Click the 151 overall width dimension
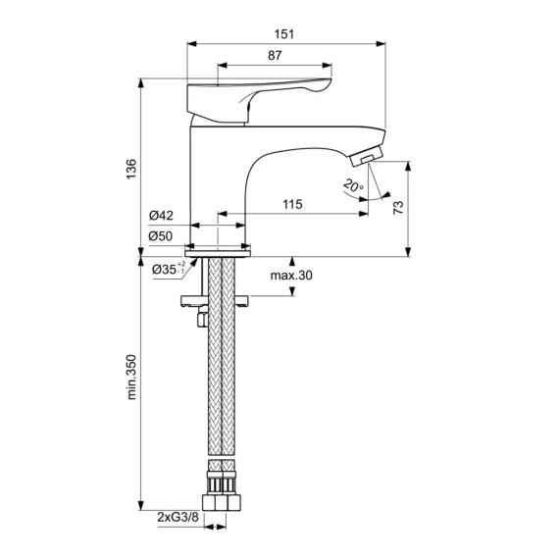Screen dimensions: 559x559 point(284,34)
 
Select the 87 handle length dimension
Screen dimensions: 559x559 point(275,56)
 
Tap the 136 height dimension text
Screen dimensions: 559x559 point(131,169)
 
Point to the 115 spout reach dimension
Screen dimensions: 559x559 point(292,204)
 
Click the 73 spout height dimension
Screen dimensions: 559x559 point(398,207)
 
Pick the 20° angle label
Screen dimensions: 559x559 point(353,186)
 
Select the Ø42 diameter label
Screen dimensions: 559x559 point(161,216)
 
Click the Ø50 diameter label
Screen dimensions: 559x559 point(161,236)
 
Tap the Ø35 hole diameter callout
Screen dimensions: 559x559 point(169,269)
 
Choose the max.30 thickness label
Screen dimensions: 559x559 point(291,276)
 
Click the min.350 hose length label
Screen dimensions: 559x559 point(131,377)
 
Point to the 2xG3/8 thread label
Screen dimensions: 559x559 point(178,517)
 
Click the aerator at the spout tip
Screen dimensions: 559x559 point(367,157)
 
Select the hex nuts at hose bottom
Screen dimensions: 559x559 point(222,502)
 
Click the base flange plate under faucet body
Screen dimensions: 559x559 point(218,253)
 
